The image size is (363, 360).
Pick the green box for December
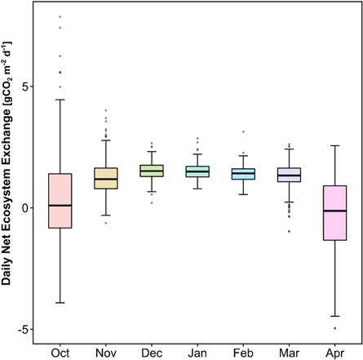(151, 170)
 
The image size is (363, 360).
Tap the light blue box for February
(242, 173)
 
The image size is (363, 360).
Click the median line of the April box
(334, 211)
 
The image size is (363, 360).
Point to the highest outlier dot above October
(60, 16)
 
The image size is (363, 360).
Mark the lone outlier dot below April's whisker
(334, 328)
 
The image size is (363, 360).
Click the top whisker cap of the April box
(334, 145)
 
